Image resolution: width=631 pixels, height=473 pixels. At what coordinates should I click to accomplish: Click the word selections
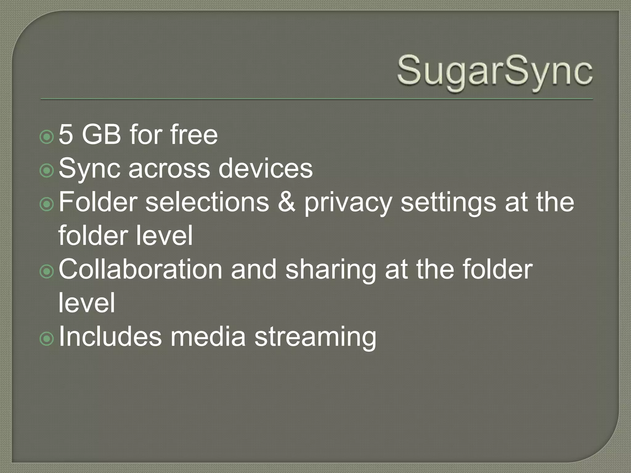(x=207, y=202)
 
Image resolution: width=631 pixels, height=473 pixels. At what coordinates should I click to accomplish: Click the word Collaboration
(x=140, y=269)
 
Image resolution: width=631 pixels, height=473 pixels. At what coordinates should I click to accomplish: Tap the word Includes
(x=110, y=336)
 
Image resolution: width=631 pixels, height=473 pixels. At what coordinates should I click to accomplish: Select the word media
(x=208, y=336)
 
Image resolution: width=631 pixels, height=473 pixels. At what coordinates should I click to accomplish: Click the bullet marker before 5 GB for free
(x=47, y=137)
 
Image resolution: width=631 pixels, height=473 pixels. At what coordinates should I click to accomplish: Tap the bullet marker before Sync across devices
(x=47, y=171)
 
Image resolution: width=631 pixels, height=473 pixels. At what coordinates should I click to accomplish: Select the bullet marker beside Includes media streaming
(x=47, y=339)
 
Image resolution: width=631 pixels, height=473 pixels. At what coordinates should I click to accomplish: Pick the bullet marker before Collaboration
(x=47, y=272)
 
